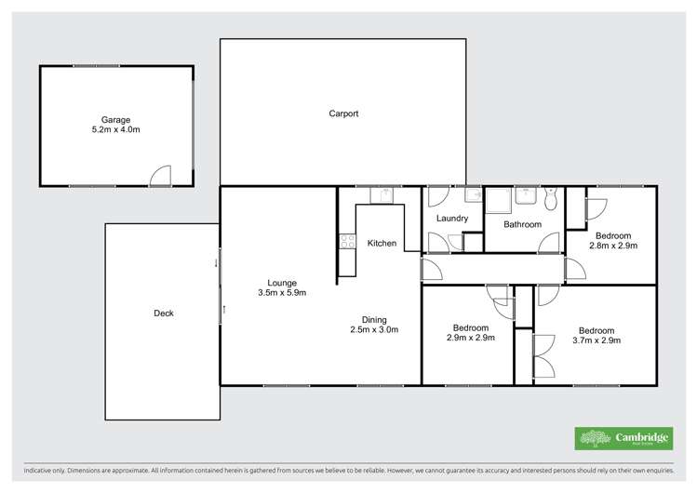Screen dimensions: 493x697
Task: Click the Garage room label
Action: [116, 119]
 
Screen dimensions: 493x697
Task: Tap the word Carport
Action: [343, 113]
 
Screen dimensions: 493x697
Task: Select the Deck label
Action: [164, 313]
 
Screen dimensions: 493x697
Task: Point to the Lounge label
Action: [281, 283]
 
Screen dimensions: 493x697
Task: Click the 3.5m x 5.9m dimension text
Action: [281, 293]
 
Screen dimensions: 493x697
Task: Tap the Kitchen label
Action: [382, 244]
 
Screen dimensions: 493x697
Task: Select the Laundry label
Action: [451, 219]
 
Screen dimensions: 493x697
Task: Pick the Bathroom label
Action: [522, 224]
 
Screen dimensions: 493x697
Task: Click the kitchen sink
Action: [380, 195]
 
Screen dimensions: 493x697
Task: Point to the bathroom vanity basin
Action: [526, 193]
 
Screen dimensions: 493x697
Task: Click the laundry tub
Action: [472, 195]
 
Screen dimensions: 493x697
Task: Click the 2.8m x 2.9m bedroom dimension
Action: [613, 246]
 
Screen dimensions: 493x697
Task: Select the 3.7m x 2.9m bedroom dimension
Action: [596, 341]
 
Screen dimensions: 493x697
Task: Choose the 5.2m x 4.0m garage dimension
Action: [116, 129]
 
